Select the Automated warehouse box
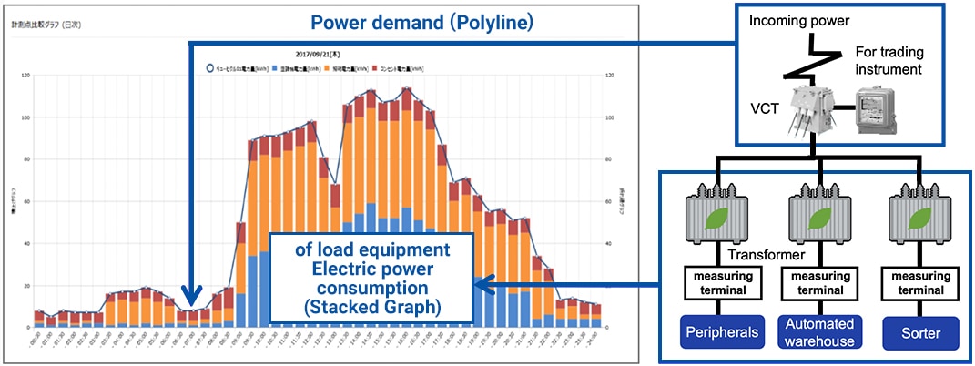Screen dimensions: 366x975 [818, 331]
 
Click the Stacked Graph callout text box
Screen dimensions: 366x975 [372, 278]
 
